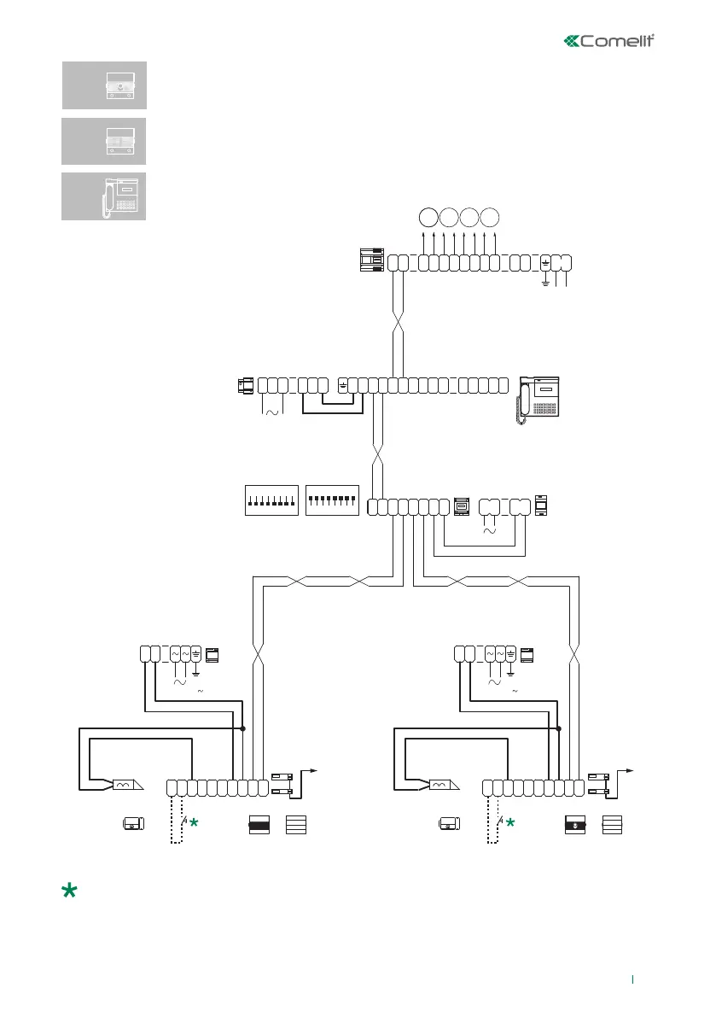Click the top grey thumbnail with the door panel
(x=104, y=85)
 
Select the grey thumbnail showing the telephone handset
(x=104, y=196)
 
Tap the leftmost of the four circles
(x=429, y=216)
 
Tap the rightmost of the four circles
(x=491, y=216)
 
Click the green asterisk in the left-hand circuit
(x=195, y=823)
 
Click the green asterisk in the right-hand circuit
(x=510, y=823)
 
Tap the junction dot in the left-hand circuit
(x=243, y=728)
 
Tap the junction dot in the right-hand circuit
(x=559, y=728)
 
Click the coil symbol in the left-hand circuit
(x=122, y=784)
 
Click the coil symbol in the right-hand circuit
(x=439, y=784)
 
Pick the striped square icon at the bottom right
(x=612, y=825)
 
